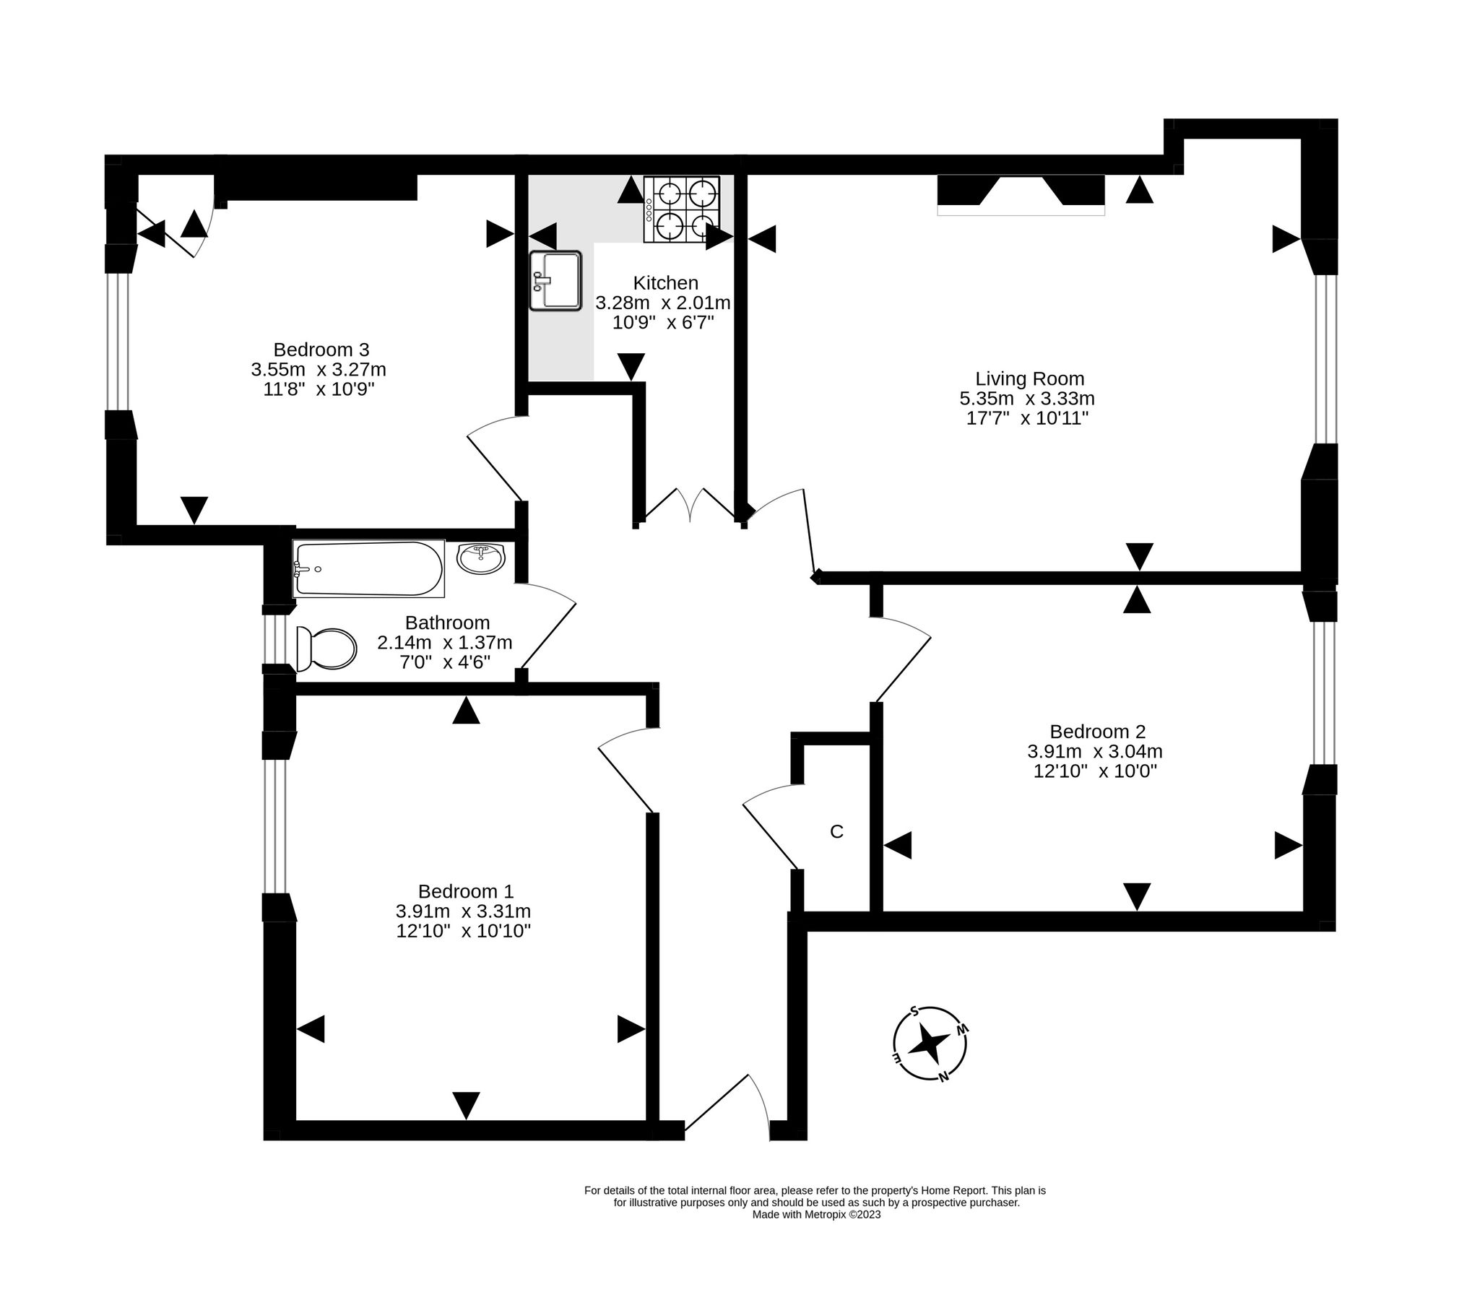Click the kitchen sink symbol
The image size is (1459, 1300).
click(x=555, y=281)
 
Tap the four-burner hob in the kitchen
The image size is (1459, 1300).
click(x=682, y=209)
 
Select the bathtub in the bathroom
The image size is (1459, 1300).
click(x=368, y=569)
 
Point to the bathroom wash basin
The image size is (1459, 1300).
click(x=481, y=559)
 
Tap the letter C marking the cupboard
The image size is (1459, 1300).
click(x=836, y=832)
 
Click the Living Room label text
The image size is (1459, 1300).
click(x=1029, y=378)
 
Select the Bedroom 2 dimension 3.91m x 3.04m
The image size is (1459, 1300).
click(x=1094, y=751)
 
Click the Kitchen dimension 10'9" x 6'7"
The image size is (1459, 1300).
click(x=663, y=322)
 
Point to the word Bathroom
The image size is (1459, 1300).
click(x=447, y=623)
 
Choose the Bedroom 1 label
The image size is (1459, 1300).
click(x=465, y=891)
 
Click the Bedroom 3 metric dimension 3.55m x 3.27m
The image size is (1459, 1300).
click(x=319, y=370)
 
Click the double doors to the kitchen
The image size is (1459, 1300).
click(x=690, y=504)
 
